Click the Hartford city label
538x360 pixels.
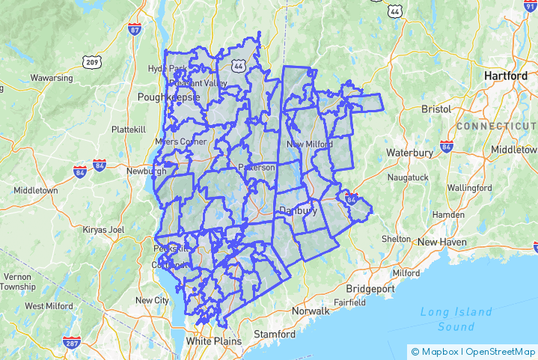pos(506,76)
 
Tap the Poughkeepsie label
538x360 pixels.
pos(169,97)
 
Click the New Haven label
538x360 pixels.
pos(442,242)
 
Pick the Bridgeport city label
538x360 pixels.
pos(370,288)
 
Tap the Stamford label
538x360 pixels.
pos(275,333)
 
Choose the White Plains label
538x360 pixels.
pos(214,341)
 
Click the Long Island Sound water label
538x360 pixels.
pos(456,319)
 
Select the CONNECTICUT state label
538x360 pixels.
pos(496,126)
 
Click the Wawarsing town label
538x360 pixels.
pos(52,78)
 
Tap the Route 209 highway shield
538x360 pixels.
pos(92,62)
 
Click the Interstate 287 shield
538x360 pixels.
pos(72,342)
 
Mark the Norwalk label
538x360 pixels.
pos(311,311)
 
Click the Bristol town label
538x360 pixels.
pos(436,109)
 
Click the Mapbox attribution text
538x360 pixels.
pos(438,351)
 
